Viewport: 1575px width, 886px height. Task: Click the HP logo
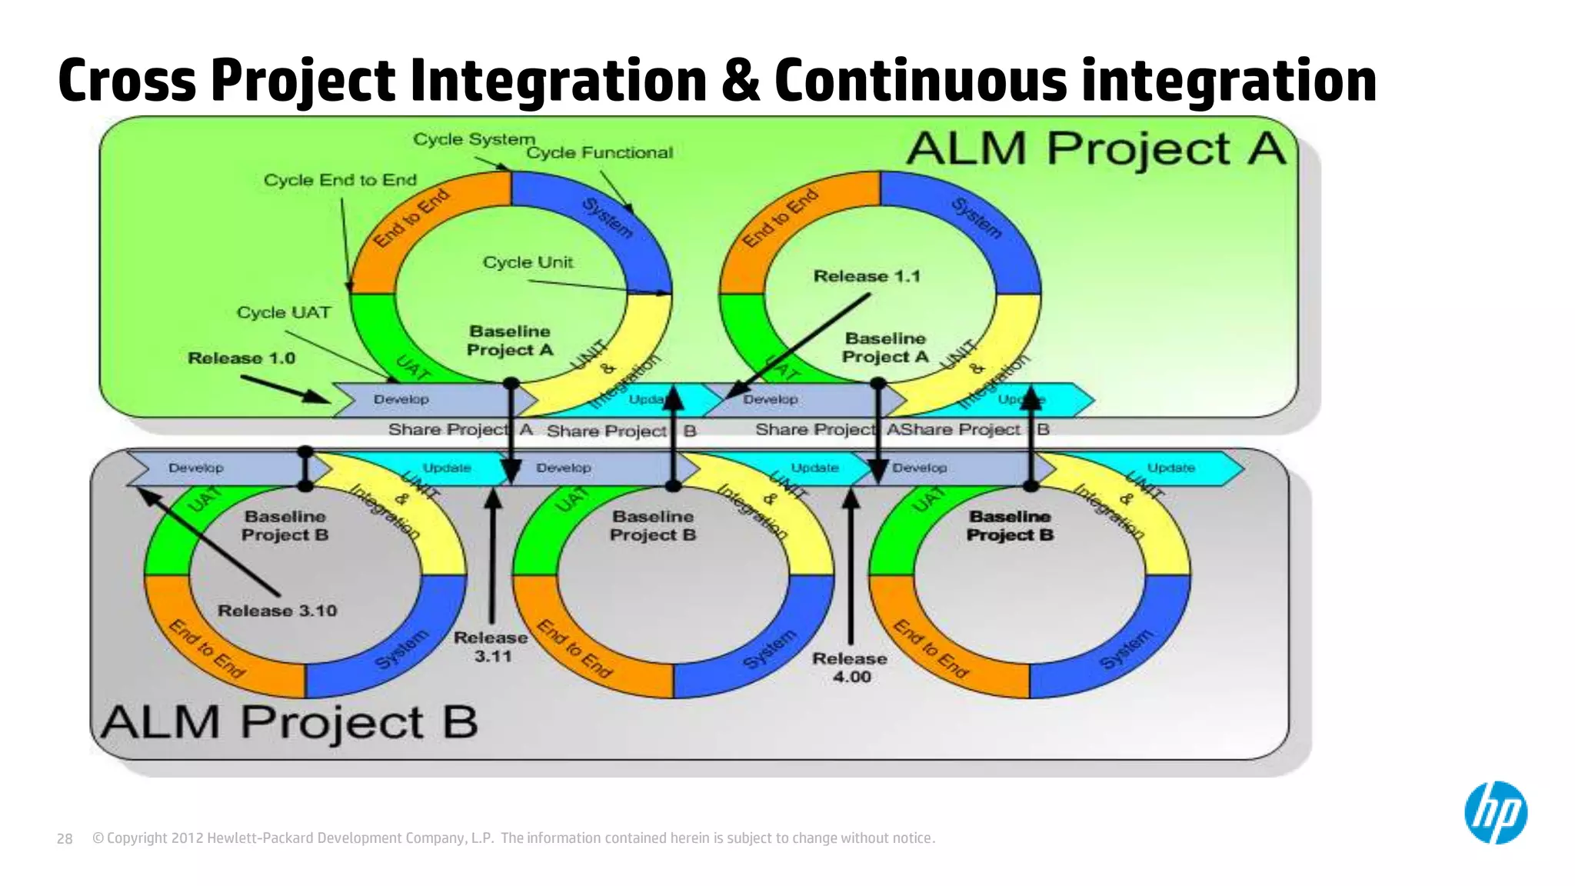point(1495,813)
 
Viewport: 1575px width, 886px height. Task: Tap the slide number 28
point(65,838)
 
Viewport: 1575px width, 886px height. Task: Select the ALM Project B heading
point(289,723)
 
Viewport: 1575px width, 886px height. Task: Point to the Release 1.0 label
point(241,358)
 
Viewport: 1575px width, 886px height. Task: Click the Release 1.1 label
point(867,276)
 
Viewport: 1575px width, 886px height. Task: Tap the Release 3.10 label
point(277,611)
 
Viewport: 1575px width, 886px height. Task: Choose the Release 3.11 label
point(491,647)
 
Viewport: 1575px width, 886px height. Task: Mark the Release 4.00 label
point(850,668)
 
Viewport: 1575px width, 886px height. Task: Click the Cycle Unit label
point(528,262)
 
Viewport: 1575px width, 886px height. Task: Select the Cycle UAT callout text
point(284,312)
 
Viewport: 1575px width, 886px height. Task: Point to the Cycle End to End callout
point(340,180)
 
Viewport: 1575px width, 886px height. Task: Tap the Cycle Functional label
point(599,153)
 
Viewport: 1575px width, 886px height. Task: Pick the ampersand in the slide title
point(740,81)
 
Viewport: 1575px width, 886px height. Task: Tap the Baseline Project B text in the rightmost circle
point(1010,526)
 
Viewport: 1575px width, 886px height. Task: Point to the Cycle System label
point(474,139)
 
